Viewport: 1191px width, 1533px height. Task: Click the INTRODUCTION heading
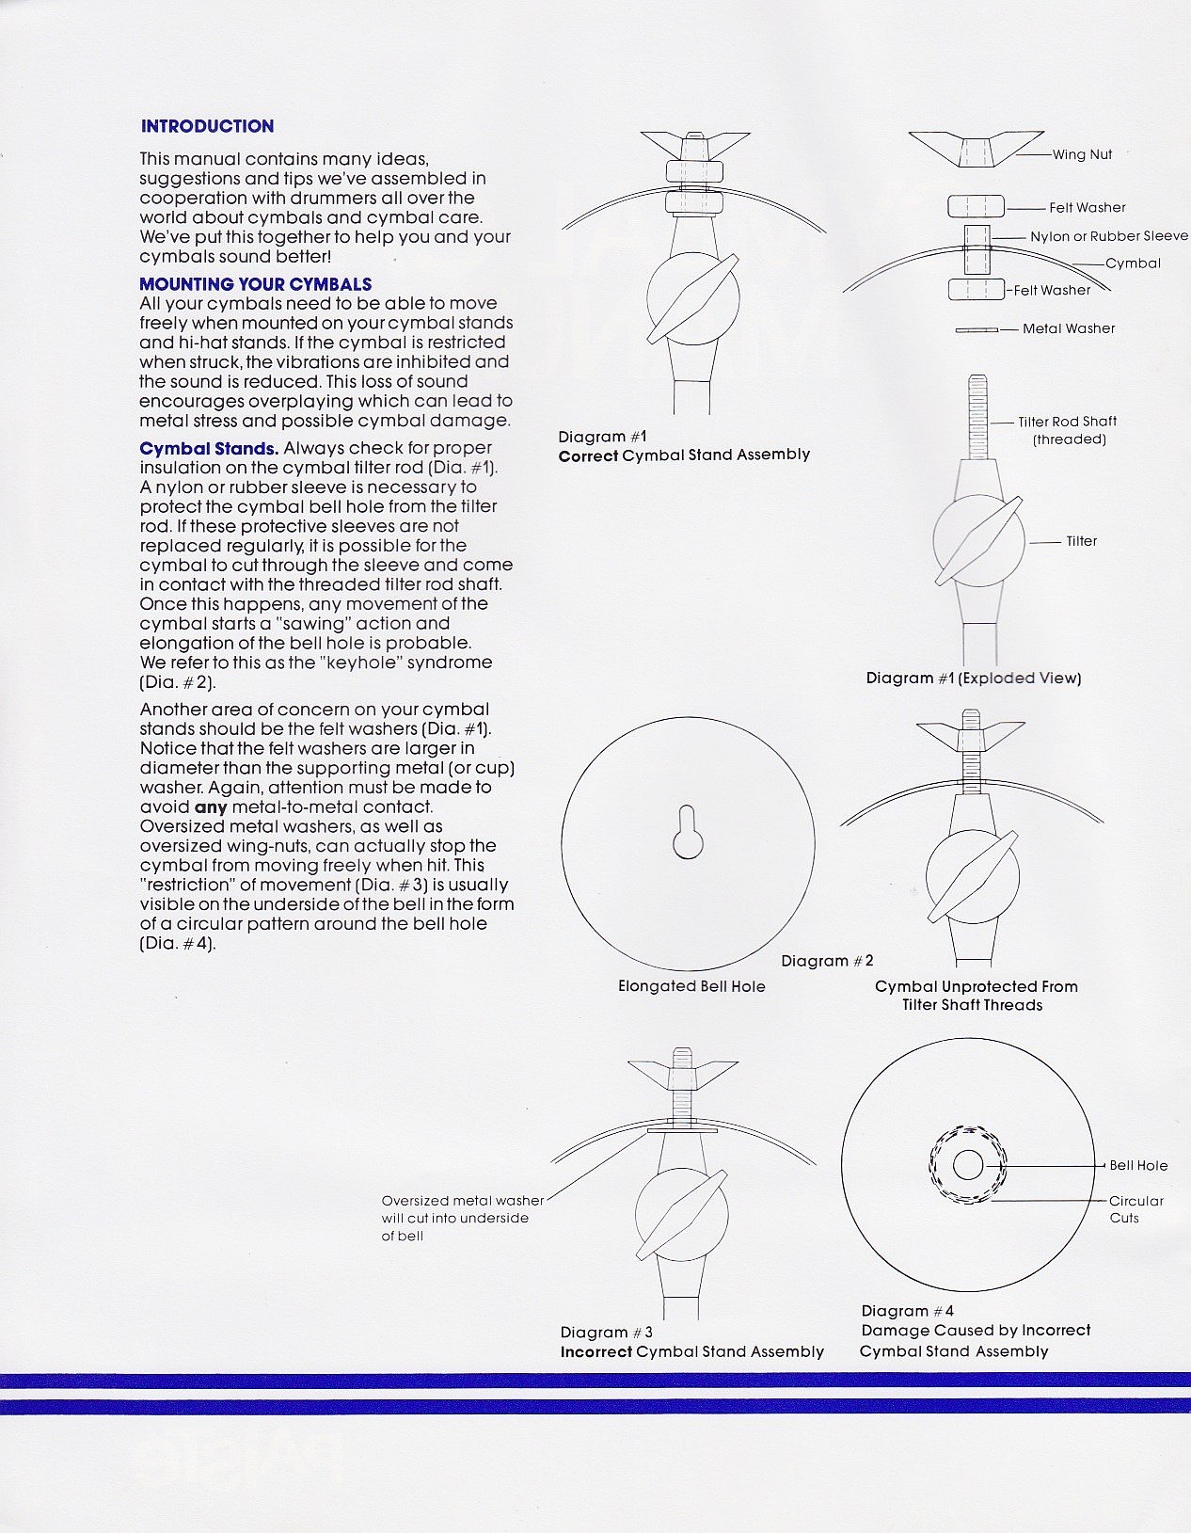coord(207,126)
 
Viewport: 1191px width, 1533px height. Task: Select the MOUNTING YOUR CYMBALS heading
coord(255,284)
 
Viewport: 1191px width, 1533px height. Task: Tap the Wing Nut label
coord(1081,154)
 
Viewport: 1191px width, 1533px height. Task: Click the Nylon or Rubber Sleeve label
coord(1108,236)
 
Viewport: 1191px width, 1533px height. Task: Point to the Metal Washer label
coord(1068,328)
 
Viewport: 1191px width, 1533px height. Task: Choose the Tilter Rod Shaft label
coord(1067,422)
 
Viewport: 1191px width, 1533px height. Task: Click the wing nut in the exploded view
coord(976,149)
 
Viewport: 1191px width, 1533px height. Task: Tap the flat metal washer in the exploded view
coord(976,330)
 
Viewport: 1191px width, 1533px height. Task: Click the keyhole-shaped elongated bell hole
coord(688,833)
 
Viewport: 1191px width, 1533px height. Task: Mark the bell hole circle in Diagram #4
coord(967,1165)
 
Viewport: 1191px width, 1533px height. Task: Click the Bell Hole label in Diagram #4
coord(1138,1165)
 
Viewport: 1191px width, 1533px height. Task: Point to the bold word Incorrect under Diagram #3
coord(595,1351)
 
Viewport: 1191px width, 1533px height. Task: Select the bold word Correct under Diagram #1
coord(588,455)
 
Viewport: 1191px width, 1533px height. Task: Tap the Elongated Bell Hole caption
coord(691,986)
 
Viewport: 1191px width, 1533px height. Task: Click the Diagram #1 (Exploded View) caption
coord(973,678)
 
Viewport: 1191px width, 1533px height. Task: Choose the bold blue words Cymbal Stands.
coord(209,449)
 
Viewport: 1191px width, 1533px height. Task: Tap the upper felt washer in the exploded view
coord(976,206)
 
